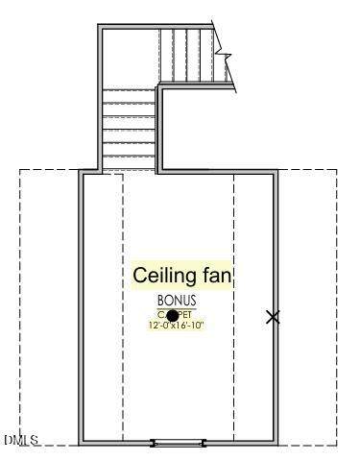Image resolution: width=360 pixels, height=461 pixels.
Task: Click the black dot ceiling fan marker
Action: click(x=173, y=315)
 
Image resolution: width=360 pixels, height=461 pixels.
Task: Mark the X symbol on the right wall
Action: click(x=274, y=316)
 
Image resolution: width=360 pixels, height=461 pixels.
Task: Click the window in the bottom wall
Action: click(x=179, y=442)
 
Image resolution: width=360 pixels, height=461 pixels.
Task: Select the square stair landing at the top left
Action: click(x=129, y=58)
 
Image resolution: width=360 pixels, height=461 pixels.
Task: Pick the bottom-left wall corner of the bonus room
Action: click(x=83, y=441)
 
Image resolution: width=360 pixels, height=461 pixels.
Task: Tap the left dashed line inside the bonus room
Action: click(x=123, y=307)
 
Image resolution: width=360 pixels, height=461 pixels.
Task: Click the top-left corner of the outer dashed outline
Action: click(x=20, y=170)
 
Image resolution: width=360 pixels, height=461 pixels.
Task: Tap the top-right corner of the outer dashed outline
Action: click(x=337, y=170)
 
